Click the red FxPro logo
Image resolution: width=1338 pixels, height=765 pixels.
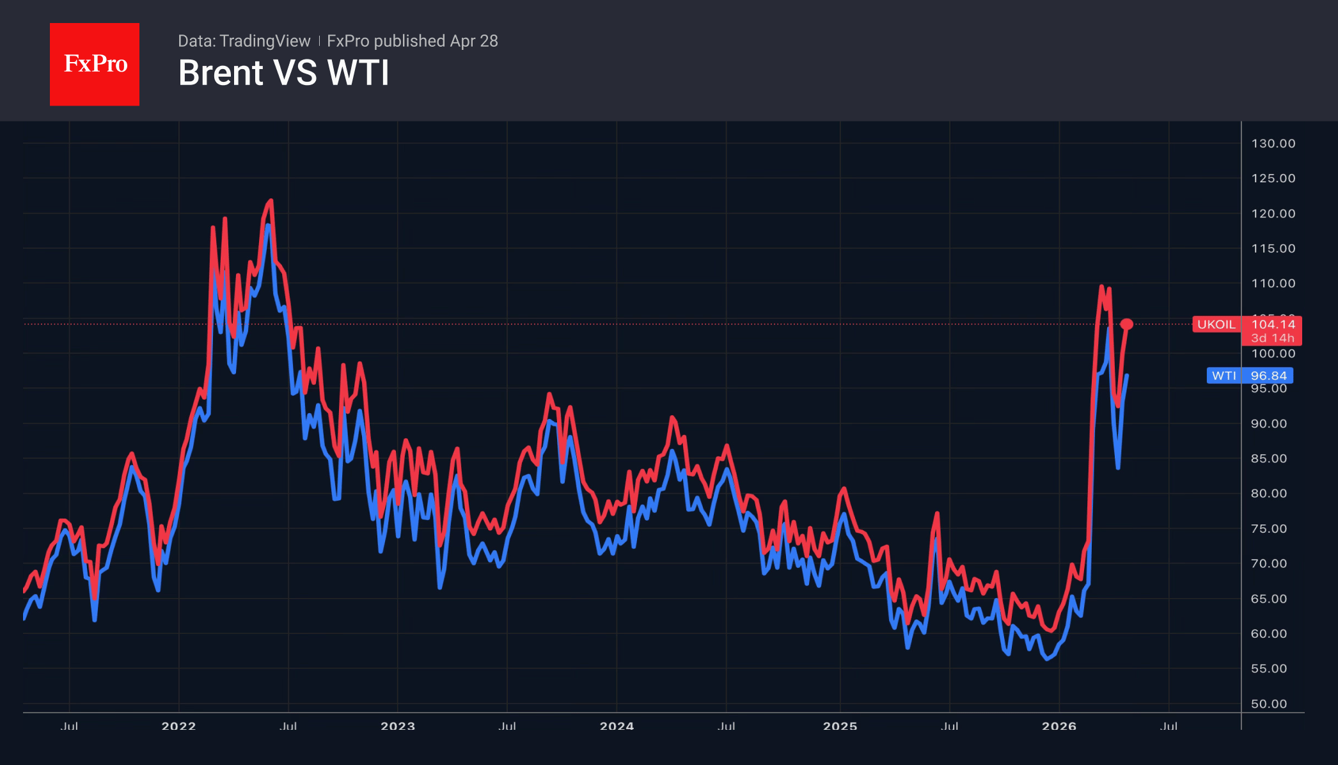coord(95,64)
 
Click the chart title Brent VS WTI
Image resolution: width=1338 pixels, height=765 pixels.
coord(283,73)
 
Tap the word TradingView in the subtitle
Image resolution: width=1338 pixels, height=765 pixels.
coord(264,41)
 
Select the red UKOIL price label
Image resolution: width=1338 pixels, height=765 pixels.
coord(1216,324)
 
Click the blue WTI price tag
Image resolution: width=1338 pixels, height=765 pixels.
coord(1224,375)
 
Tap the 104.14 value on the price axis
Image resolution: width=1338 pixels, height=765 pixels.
coord(1273,324)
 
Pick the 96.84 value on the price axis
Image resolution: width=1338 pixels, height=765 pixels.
coord(1268,375)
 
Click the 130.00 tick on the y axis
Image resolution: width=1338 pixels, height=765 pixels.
coord(1273,143)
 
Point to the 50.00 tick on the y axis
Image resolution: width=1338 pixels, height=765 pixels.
coord(1269,704)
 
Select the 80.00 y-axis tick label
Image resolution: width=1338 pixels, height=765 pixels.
coord(1269,493)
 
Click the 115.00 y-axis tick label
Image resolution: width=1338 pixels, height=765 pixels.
coord(1273,248)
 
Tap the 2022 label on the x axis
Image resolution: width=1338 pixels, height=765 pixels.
coord(178,726)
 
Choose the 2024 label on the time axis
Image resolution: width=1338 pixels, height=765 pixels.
coord(617,726)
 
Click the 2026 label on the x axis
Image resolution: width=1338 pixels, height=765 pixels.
coord(1059,726)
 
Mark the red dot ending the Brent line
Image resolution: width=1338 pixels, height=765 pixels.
coord(1127,324)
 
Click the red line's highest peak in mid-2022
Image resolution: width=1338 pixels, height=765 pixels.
coord(271,201)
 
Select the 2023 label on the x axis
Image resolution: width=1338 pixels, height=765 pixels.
coord(397,726)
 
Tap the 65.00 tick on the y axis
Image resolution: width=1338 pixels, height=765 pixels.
coord(1269,599)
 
